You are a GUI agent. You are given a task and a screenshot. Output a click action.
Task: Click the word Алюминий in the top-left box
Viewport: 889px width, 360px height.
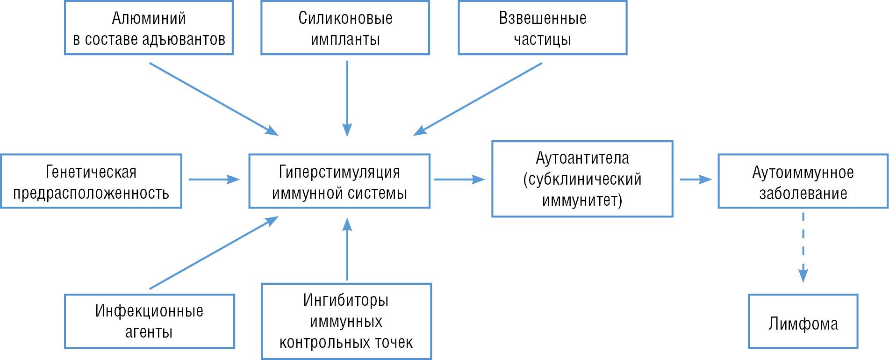tap(149, 18)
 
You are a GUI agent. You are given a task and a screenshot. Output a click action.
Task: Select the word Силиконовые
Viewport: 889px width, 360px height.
tap(345, 18)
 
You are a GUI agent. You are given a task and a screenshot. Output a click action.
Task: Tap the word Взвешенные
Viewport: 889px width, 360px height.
tap(543, 18)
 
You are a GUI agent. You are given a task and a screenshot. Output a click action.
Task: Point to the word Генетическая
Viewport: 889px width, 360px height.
tap(91, 172)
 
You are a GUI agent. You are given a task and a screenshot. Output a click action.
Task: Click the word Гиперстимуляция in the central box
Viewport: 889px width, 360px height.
tap(339, 172)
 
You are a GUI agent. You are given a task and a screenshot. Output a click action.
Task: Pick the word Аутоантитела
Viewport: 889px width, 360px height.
tap(582, 158)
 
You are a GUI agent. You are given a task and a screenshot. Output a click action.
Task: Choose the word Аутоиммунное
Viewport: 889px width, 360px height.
tap(803, 173)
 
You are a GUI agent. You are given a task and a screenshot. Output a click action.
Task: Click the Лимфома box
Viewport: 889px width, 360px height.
tap(803, 321)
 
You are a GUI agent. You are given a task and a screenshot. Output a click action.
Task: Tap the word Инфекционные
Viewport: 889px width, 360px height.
tap(149, 311)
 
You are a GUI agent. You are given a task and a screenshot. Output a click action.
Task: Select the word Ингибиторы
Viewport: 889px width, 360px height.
tap(346, 300)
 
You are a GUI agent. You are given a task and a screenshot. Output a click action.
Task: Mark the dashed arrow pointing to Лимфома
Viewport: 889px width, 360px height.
tap(803, 247)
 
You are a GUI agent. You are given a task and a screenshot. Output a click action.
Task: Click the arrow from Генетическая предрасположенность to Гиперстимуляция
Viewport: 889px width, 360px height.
tap(214, 179)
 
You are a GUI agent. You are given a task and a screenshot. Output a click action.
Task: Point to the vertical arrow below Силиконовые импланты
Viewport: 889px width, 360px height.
tap(347, 99)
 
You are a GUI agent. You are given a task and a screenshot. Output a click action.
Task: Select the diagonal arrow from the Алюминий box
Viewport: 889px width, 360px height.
tap(214, 99)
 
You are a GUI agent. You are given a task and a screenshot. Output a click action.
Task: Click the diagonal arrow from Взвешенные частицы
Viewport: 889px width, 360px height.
tap(478, 99)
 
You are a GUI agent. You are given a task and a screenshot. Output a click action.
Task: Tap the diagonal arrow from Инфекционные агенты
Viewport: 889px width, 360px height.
tap(214, 252)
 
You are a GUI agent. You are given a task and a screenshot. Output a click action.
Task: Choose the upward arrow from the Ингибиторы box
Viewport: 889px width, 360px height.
tap(347, 249)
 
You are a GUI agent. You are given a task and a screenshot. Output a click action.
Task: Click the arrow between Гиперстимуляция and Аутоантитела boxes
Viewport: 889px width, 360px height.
tap(459, 179)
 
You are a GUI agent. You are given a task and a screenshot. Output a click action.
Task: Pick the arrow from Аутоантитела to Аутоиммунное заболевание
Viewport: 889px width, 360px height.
tap(696, 179)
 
